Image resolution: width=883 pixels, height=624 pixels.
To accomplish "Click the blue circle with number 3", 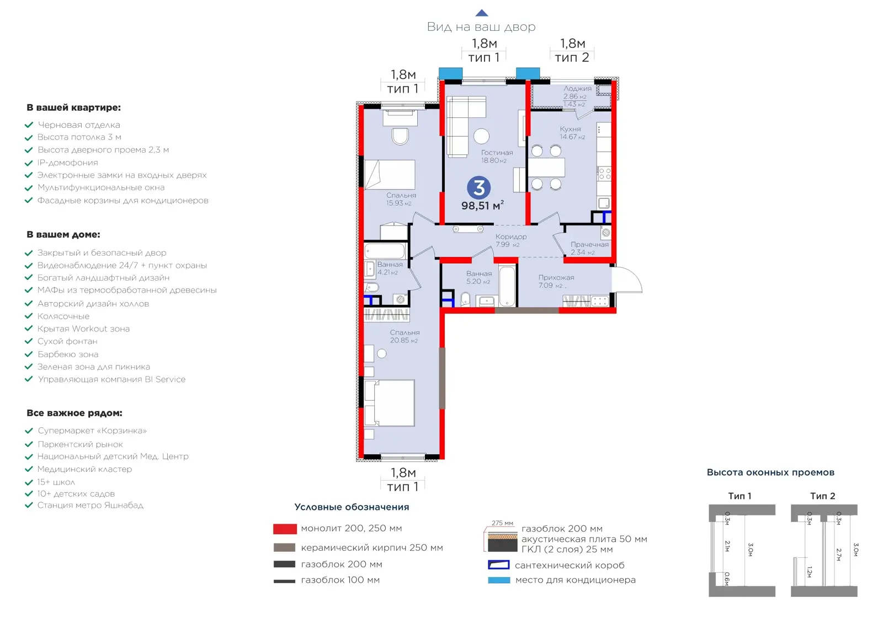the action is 478,187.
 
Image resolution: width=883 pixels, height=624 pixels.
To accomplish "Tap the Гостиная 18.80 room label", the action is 496,157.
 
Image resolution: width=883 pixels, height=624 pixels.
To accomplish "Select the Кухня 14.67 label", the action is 572,133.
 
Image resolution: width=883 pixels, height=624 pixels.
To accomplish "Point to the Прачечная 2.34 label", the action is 589,248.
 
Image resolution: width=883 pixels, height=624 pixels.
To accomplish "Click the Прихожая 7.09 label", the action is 556,282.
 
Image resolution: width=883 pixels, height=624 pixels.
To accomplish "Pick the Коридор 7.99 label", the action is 510,240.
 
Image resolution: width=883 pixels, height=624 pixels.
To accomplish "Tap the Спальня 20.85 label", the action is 405,336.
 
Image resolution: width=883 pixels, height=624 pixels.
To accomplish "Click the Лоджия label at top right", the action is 577,89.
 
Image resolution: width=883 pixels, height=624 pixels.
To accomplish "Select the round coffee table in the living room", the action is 481,136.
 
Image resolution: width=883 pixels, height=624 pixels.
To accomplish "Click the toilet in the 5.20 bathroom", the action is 465,299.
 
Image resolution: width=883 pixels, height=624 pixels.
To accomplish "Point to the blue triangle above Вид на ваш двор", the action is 481,13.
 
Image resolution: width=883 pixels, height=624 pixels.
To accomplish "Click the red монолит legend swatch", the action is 285,529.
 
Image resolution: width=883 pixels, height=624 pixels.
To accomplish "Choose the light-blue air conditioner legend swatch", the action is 499,580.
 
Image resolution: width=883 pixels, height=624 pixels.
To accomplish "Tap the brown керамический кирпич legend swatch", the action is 284,547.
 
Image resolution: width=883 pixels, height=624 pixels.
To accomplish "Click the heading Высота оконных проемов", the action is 770,472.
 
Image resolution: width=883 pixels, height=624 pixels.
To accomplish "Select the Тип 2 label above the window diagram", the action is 822,496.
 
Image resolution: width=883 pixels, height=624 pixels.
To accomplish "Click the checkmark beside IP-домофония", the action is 28,163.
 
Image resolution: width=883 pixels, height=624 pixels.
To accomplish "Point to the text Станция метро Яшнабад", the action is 91,505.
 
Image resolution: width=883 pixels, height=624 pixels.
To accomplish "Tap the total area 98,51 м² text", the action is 482,206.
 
